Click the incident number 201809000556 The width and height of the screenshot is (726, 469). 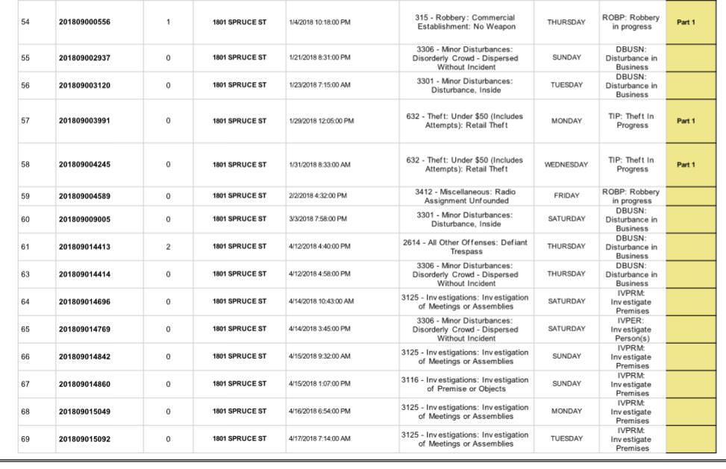point(84,22)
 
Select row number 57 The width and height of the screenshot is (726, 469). point(25,121)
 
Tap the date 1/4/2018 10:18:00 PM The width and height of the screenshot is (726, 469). point(319,22)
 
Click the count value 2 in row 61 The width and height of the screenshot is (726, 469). point(168,246)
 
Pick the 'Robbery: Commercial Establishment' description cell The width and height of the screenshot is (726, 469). point(466,22)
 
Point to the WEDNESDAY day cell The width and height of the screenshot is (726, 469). point(566,165)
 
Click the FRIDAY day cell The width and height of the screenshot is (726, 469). point(566,196)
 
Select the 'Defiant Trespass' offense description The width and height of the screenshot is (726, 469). point(466,247)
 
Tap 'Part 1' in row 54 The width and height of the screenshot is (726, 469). point(685,22)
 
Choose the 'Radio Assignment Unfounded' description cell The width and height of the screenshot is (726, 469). point(466,196)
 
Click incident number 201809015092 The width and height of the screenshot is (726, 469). point(84,439)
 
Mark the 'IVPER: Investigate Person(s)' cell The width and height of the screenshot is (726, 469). point(631,329)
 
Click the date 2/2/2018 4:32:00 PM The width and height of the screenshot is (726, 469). point(319,196)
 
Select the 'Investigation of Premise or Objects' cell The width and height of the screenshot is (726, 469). point(466,384)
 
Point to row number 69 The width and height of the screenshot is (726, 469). point(25,439)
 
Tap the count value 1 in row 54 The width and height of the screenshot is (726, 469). point(168,22)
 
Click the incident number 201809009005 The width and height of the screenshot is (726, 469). point(84,218)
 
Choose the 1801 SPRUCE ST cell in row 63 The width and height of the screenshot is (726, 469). point(239,274)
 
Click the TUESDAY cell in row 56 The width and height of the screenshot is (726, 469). point(566,85)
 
